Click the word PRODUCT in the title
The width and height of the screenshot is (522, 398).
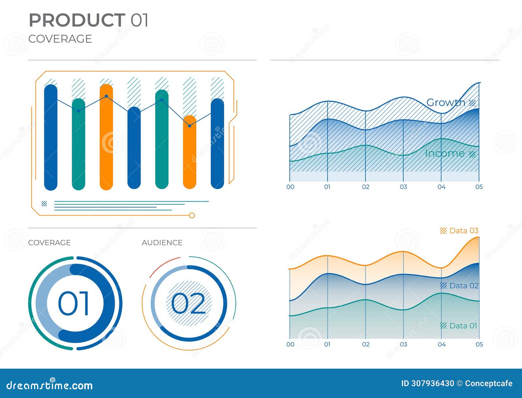click(x=77, y=20)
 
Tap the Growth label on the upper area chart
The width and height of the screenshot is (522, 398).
click(x=446, y=102)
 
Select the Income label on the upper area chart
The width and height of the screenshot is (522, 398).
click(x=445, y=153)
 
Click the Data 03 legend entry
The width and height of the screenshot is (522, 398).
click(x=463, y=231)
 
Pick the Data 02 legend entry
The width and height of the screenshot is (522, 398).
click(x=463, y=286)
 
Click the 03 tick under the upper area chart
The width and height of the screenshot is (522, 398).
click(x=404, y=187)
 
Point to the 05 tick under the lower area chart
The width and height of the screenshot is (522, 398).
click(x=479, y=344)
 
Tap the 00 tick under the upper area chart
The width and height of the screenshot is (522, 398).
click(x=290, y=187)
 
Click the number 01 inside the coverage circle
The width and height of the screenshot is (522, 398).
click(x=73, y=303)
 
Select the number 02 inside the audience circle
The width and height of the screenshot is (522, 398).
click(x=189, y=303)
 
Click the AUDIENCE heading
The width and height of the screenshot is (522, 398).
click(x=162, y=243)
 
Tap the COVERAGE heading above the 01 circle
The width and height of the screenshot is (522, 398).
click(x=50, y=243)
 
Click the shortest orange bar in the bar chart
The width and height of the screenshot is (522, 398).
click(x=190, y=152)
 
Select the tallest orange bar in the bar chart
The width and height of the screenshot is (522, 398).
click(x=106, y=137)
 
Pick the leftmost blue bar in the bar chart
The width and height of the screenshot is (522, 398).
click(x=51, y=137)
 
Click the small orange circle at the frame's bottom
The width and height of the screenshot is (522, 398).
click(x=192, y=215)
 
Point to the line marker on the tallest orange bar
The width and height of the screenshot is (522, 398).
click(x=106, y=96)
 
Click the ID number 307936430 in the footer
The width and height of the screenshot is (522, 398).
click(x=432, y=383)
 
